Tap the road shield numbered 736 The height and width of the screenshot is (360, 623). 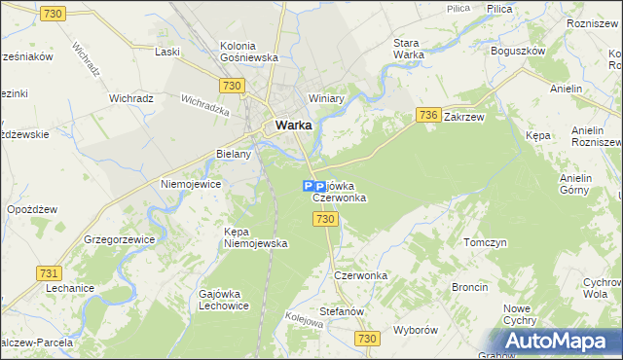427,114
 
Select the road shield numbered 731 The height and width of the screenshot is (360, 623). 48,273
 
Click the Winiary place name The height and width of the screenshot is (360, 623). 327,98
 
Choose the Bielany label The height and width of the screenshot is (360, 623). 234,154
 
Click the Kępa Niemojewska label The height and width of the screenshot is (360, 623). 255,237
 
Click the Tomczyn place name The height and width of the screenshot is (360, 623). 485,242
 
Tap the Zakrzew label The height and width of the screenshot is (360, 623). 463,116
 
